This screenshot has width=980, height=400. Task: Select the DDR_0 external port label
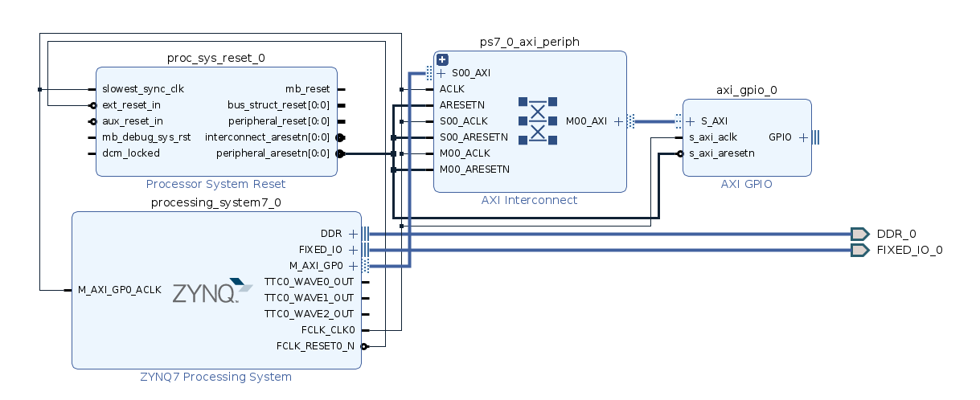[x=896, y=234]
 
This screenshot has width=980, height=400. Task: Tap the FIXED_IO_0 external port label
[x=909, y=250]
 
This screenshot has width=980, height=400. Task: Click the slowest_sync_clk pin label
[x=142, y=89]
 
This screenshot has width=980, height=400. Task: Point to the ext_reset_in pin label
[x=131, y=105]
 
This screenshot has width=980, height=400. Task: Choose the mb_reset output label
[x=307, y=89]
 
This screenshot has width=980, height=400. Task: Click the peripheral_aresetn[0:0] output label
[x=273, y=153]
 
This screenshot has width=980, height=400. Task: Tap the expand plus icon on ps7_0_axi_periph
[x=442, y=59]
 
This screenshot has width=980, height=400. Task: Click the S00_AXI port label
[x=470, y=73]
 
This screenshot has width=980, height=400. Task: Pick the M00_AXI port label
[x=586, y=121]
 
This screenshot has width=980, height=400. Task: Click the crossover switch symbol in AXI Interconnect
[x=538, y=121]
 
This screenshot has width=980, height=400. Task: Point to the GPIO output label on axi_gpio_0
[x=780, y=137]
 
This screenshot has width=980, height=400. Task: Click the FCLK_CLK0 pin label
[x=326, y=330]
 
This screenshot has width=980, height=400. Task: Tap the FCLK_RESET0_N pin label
[x=315, y=346]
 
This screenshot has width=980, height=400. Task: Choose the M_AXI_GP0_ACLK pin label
[x=119, y=290]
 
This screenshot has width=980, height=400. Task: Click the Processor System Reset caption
[x=215, y=184]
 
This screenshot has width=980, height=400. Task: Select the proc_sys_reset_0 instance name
[x=215, y=58]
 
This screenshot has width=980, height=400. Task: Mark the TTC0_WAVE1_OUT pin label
[x=309, y=298]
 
